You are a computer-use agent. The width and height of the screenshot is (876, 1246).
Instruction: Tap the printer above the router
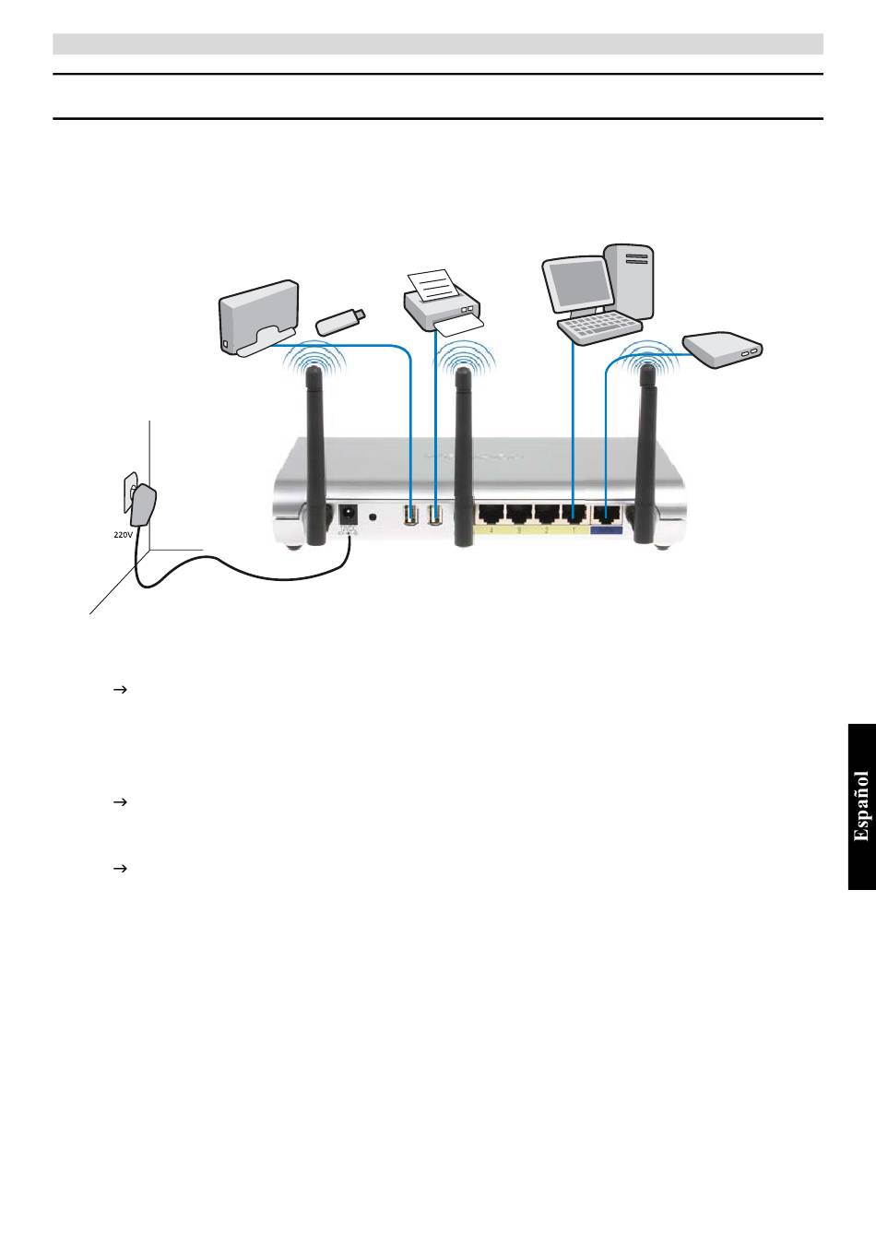[443, 304]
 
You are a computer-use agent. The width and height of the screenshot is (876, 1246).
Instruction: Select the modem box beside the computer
[724, 349]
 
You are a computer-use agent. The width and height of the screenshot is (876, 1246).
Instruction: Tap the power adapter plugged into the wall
[144, 506]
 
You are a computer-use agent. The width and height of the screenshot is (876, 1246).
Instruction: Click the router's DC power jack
[349, 515]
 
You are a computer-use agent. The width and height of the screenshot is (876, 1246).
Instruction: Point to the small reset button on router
[373, 516]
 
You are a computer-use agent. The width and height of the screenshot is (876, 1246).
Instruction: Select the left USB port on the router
[411, 515]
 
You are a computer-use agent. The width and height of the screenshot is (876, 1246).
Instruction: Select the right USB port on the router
[436, 515]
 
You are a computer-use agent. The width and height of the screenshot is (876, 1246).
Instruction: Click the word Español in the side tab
[861, 806]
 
